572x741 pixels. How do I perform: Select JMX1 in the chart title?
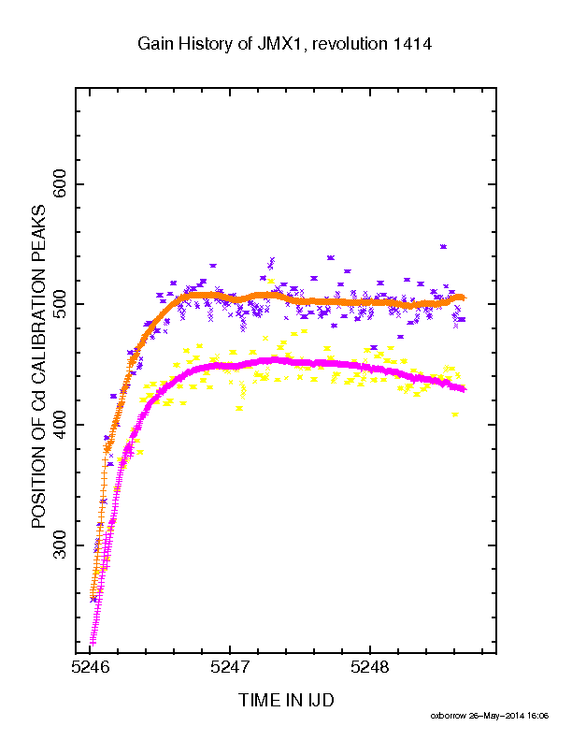pos(279,44)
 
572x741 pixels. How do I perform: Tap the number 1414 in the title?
pos(412,44)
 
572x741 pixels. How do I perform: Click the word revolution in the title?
pos(350,44)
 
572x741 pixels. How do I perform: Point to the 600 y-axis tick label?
pos(60,184)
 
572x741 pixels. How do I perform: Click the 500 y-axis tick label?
pos(60,304)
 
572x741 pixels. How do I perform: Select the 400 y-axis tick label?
pos(60,425)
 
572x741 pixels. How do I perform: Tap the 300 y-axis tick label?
pos(60,545)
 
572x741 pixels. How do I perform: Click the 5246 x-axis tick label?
pos(90,667)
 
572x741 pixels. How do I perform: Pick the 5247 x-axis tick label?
pos(230,667)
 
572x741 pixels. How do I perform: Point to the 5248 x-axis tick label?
pos(370,667)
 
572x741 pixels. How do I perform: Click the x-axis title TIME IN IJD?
pos(286,701)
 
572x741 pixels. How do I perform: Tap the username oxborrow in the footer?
pos(448,716)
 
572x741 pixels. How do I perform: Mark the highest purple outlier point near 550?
pos(443,247)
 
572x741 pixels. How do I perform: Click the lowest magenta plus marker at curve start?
pos(93,642)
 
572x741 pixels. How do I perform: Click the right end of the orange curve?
pos(465,298)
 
